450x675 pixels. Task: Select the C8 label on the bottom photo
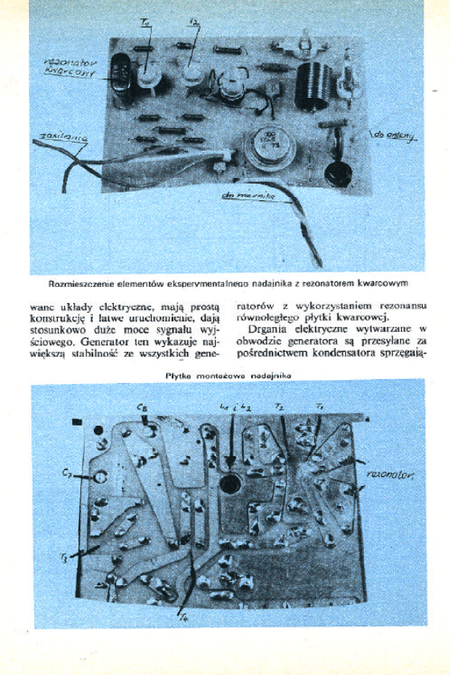pyautogui.click(x=142, y=407)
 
